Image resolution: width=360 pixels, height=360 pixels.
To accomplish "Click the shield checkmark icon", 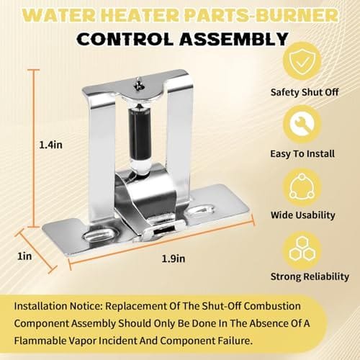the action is (x=302, y=61).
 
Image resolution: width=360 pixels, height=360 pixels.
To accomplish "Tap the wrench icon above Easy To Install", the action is (x=302, y=124).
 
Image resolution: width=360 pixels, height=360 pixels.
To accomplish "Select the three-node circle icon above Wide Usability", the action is (x=302, y=187).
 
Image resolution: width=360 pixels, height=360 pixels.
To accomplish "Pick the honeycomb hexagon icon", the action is (x=302, y=251).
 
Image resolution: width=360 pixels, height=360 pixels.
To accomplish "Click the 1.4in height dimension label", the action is (x=50, y=145).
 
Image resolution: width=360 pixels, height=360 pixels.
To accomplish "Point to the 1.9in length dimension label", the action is (x=174, y=258).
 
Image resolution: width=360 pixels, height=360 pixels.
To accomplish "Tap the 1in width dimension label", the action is (x=24, y=256).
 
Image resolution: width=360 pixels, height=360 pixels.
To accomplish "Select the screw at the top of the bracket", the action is (x=138, y=84).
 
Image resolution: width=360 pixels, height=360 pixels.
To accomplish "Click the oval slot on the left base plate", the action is (x=99, y=234).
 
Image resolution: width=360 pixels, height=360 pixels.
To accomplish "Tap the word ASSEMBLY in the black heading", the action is (x=234, y=39).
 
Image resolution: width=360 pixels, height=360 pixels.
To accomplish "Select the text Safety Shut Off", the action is (x=305, y=92).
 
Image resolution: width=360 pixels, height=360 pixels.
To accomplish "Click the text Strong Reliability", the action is (x=310, y=276).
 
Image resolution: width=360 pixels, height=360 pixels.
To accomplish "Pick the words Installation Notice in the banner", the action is (x=58, y=306).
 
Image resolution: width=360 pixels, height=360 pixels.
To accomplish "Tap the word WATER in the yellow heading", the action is (x=59, y=16).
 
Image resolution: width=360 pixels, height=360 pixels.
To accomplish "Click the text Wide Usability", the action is (x=303, y=215).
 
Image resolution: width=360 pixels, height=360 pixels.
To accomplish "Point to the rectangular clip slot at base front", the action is (x=164, y=231).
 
